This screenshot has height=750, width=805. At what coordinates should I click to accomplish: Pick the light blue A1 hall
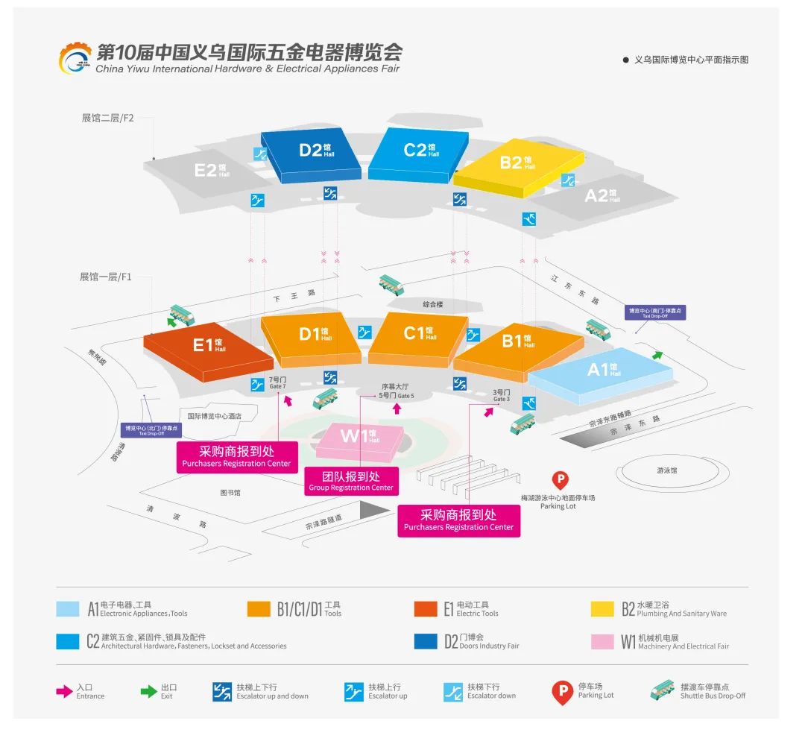(x=601, y=372)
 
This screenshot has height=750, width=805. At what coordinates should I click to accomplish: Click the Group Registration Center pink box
(x=351, y=481)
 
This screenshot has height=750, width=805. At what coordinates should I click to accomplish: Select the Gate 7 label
(x=277, y=383)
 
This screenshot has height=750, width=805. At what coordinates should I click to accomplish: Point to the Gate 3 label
(x=502, y=395)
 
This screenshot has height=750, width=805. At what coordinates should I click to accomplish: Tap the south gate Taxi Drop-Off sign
(x=655, y=312)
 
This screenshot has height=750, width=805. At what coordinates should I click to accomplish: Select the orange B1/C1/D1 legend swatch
(x=258, y=609)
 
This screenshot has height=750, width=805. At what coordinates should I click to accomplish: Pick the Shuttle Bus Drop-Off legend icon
(x=662, y=691)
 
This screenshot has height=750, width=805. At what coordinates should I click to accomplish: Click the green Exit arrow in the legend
(x=149, y=691)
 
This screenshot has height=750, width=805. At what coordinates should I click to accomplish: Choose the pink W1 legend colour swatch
(x=602, y=642)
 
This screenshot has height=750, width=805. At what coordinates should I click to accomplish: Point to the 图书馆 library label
(x=230, y=493)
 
